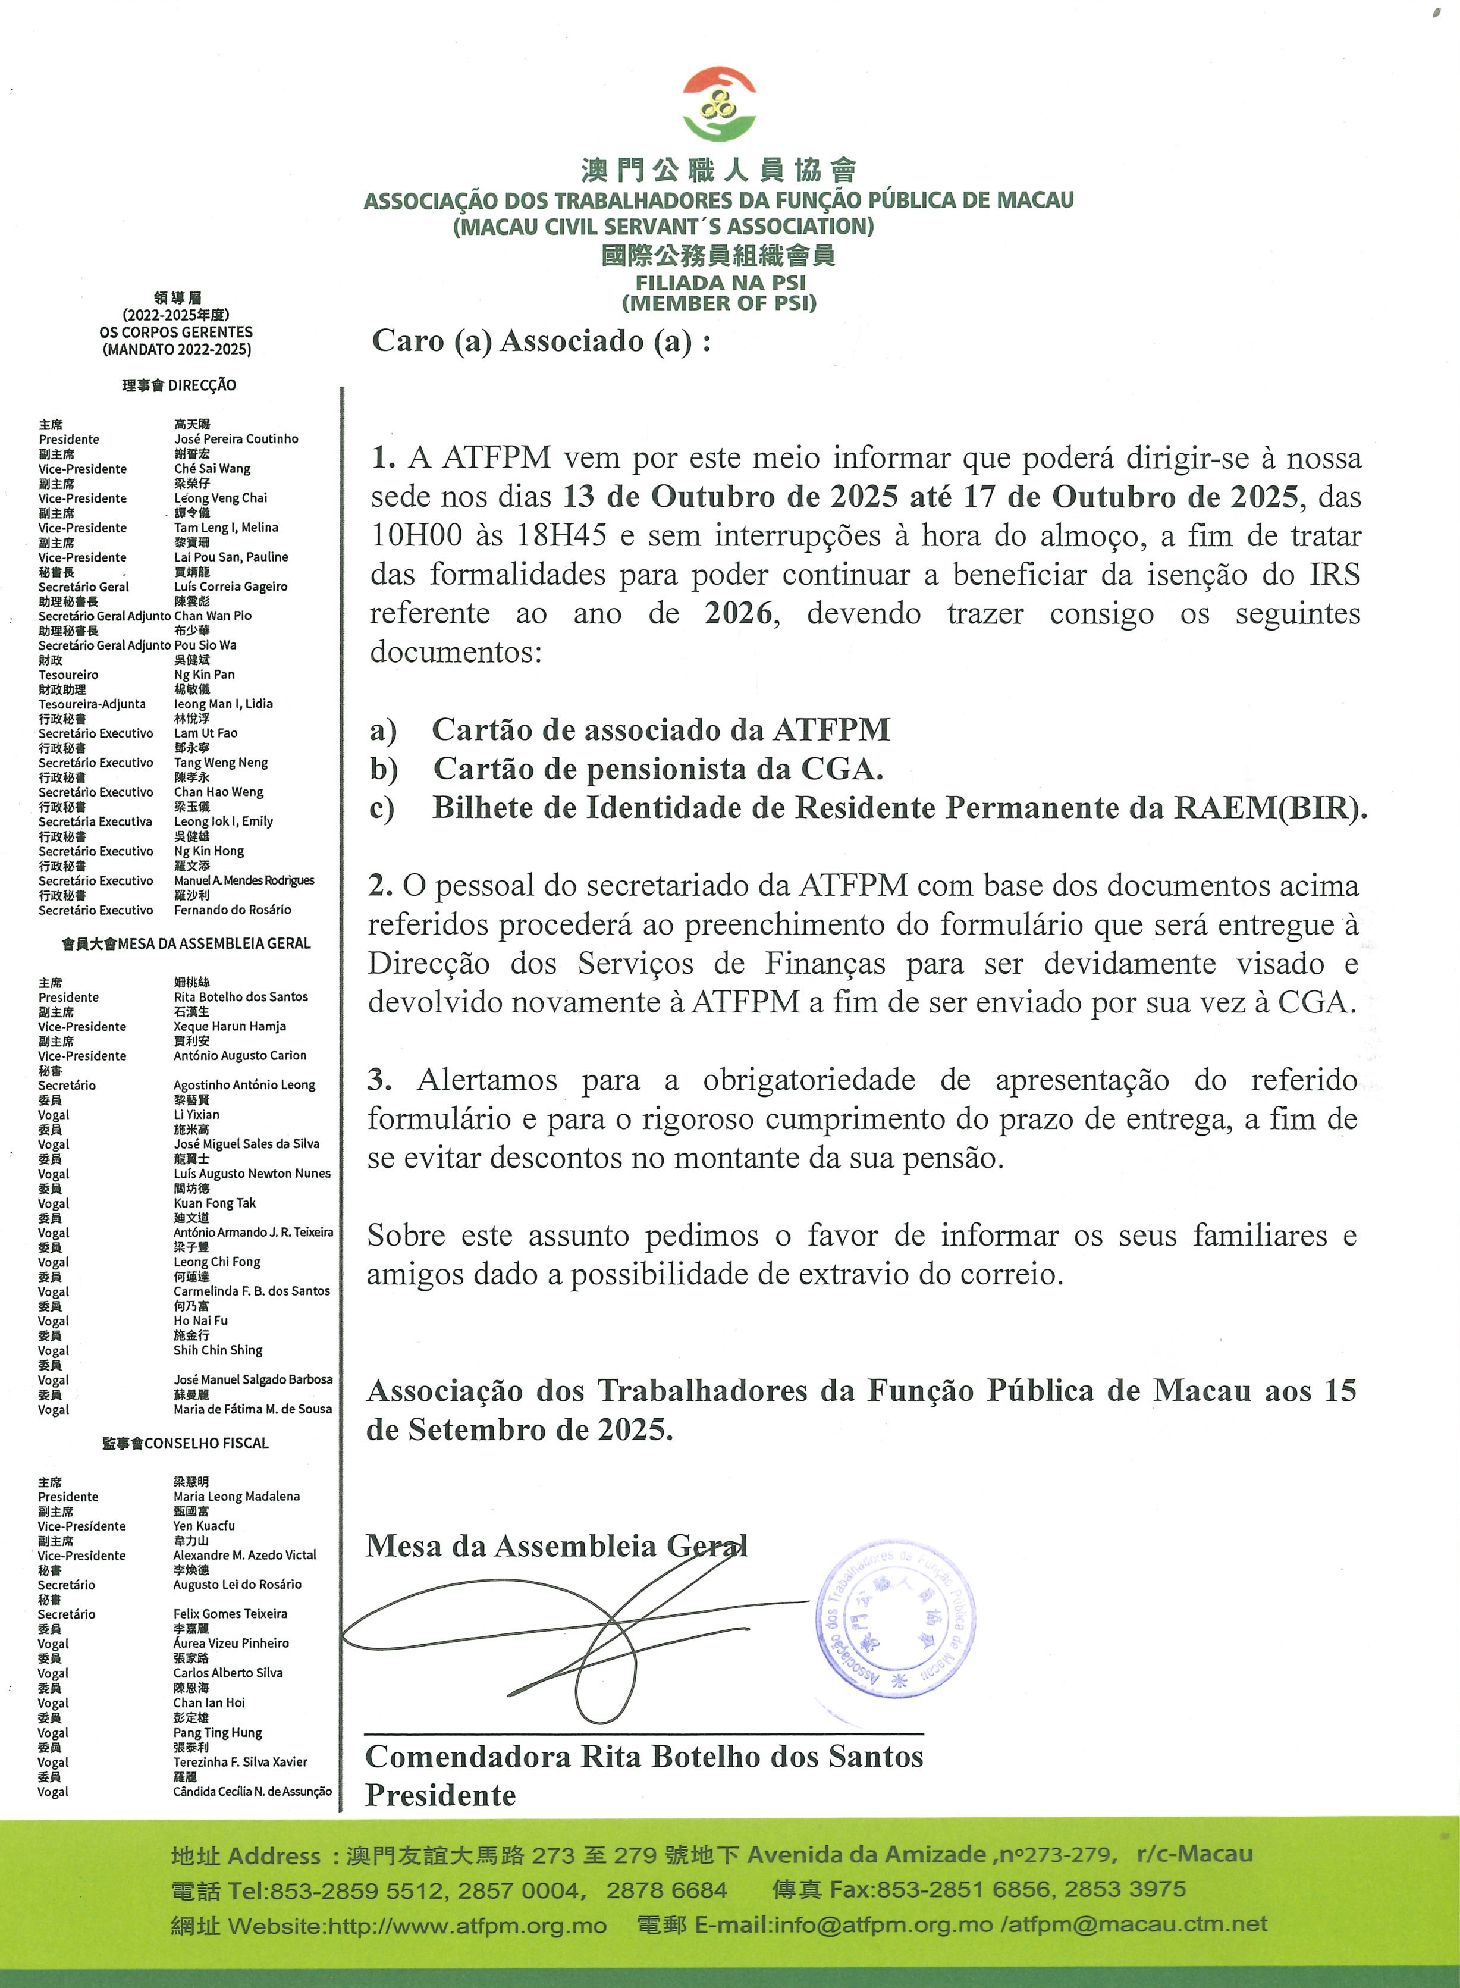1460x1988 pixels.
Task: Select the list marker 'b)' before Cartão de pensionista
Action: pos(384,769)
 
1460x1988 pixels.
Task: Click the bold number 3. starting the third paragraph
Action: pos(380,1079)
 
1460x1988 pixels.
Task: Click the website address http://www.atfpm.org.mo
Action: pos(467,1925)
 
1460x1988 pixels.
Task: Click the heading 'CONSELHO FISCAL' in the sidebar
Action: pos(206,1444)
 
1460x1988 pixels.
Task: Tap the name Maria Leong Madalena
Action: pos(236,1497)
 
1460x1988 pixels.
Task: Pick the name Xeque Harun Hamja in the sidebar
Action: pos(230,1026)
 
